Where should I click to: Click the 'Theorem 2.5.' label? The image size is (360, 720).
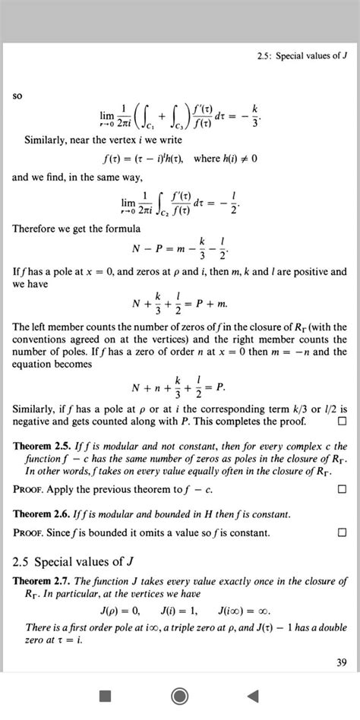[x=43, y=446]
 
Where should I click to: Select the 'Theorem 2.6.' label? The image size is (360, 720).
[x=43, y=514]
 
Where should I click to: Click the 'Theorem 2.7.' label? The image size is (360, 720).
[x=43, y=581]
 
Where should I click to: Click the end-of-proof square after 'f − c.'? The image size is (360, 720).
[x=342, y=489]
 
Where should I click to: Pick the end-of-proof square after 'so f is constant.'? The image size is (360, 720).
[x=342, y=532]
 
